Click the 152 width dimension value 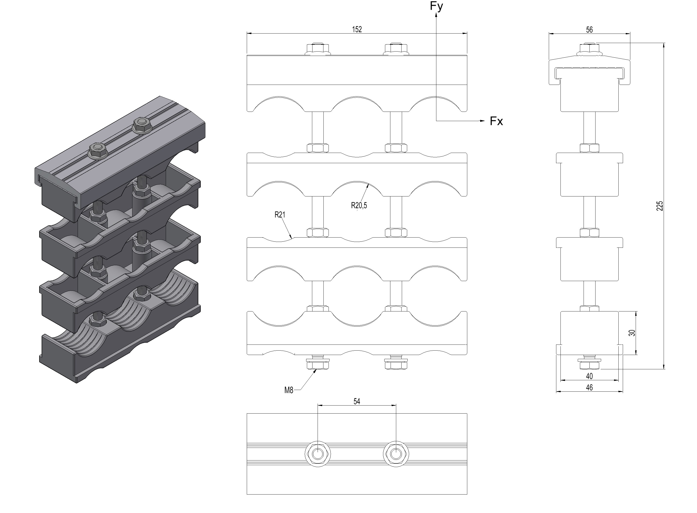[357, 29]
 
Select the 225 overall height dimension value [659, 206]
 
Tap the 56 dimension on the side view [589, 30]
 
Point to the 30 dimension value [632, 333]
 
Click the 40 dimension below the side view [589, 376]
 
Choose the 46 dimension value [589, 388]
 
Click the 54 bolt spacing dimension [357, 401]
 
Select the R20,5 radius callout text [359, 205]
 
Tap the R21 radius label [280, 215]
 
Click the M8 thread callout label [289, 390]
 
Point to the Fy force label [436, 6]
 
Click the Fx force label [496, 121]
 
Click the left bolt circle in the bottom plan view [318, 454]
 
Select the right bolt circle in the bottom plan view [396, 454]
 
